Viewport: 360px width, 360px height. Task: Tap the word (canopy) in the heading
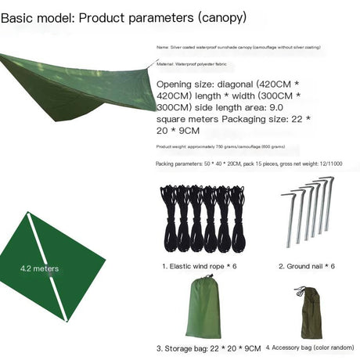click(221, 16)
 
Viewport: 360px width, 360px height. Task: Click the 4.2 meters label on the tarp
click(39, 268)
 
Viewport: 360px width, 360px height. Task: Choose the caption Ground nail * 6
click(307, 266)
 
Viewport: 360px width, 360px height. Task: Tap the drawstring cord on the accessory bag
click(300, 292)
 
